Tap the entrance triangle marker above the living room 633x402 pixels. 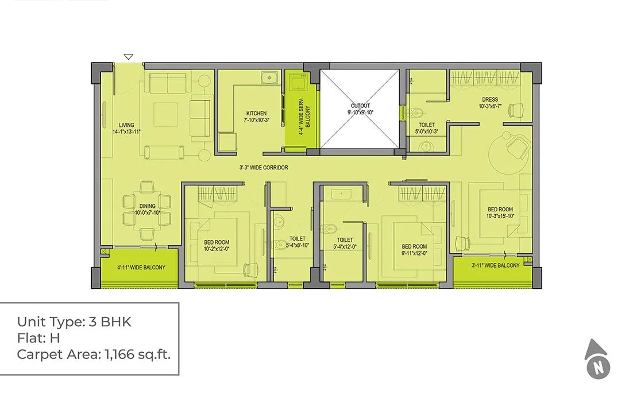(129, 57)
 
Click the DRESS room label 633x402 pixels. (489, 102)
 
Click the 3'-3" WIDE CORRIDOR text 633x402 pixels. (264, 168)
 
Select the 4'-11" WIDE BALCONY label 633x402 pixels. (141, 267)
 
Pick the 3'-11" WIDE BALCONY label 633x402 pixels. (495, 265)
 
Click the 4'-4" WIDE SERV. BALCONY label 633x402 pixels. (304, 119)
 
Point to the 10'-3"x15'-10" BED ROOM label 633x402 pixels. (500, 212)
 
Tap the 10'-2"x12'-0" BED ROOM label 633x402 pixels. (217, 246)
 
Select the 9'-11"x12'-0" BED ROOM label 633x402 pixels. (415, 249)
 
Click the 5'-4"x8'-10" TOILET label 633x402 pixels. (297, 242)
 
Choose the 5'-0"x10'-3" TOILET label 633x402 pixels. (426, 128)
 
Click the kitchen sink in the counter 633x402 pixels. (267, 77)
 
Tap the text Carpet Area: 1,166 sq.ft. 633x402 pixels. (94, 354)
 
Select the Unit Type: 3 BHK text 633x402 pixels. (74, 322)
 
